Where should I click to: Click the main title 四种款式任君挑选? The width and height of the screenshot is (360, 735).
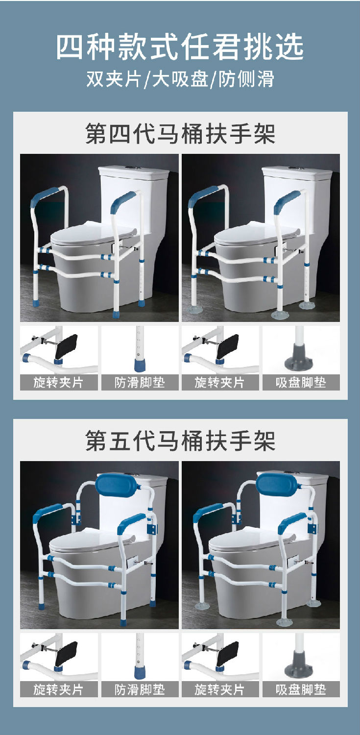coord(180,48)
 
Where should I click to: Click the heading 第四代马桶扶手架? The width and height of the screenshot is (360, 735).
coord(180,134)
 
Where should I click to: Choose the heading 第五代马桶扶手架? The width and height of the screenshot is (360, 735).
coord(180,441)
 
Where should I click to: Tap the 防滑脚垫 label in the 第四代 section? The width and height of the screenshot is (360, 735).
coord(140,383)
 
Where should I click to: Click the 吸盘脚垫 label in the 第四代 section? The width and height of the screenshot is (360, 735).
coord(301,383)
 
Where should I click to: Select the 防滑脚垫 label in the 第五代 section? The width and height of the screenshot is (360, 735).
coord(140,689)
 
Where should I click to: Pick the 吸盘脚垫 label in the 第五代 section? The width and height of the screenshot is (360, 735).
coord(301,689)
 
